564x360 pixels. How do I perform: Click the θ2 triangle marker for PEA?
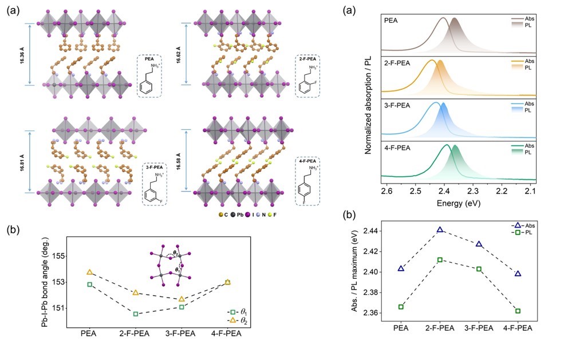pos(89,272)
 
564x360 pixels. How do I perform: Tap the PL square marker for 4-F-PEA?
pos(518,311)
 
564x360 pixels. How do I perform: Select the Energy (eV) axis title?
pos(459,203)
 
